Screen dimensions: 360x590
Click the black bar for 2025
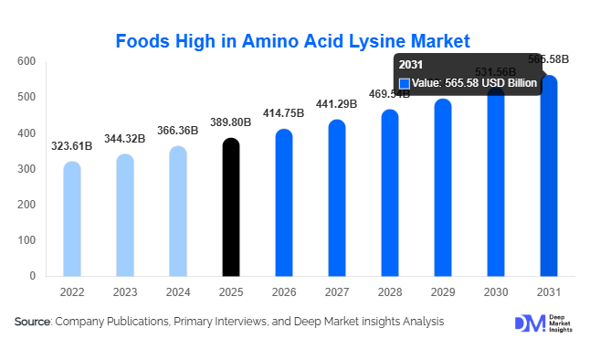pos(232,207)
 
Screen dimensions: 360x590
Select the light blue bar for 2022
pos(72,219)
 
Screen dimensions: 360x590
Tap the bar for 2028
pos(390,193)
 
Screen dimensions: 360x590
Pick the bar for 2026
pos(284,203)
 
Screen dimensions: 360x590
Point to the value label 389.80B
pos(232,122)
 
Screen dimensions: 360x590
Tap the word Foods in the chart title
pos(144,40)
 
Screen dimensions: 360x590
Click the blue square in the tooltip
pos(405,83)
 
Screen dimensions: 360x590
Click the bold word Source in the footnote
pos(32,322)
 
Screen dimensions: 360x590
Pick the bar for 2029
pos(443,187)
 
